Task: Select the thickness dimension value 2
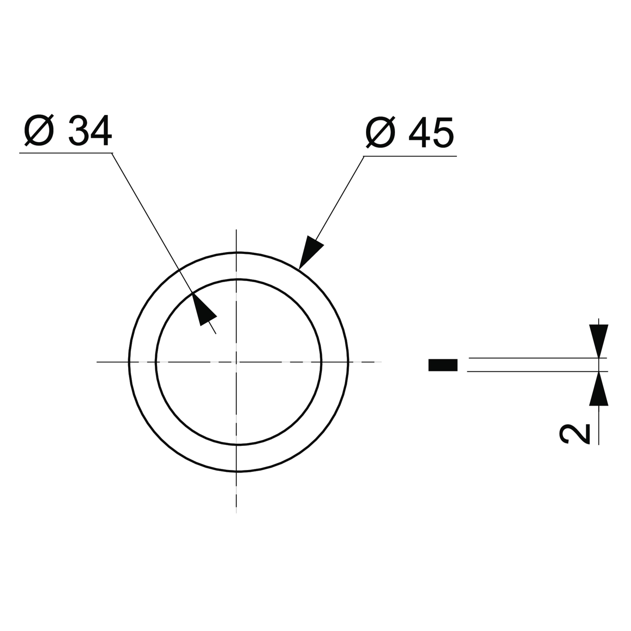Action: [x=575, y=434]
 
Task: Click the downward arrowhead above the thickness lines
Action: [x=599, y=341]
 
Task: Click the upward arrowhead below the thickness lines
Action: [x=599, y=389]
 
